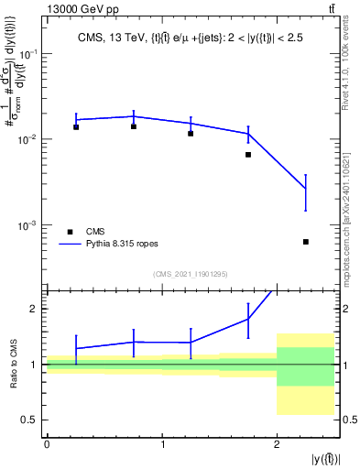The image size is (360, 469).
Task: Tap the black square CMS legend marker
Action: click(70, 232)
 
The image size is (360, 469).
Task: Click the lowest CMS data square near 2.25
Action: click(306, 242)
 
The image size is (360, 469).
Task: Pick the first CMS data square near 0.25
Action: click(76, 127)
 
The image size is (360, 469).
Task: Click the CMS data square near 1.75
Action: click(248, 155)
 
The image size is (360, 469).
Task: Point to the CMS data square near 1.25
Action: click(191, 134)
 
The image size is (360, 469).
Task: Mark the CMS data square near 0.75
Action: click(134, 126)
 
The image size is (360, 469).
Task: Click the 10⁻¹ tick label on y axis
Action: click(32, 54)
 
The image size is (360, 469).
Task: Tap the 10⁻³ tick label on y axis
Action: click(32, 225)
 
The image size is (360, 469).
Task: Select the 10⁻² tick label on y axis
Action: click(32, 139)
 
